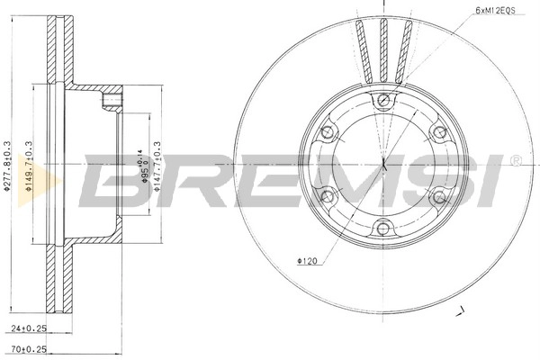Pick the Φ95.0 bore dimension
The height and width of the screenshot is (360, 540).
(x=141, y=167)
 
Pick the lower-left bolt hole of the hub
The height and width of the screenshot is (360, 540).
(x=328, y=195)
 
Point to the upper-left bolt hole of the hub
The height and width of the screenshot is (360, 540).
(x=328, y=131)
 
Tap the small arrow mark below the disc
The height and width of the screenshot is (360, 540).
(x=462, y=311)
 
